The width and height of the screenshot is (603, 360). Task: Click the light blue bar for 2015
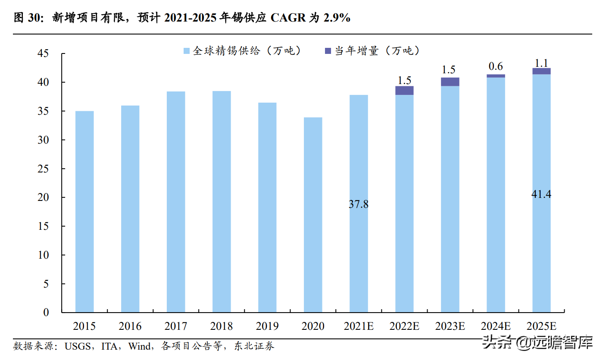[x=84, y=211]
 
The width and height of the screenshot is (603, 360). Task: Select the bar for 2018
[x=222, y=201]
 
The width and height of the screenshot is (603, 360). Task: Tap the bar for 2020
[x=313, y=215]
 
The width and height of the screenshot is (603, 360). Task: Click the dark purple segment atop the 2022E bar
[x=404, y=91]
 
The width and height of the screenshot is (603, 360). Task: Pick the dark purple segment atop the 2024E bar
[x=496, y=76]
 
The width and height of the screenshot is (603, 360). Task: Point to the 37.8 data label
[x=359, y=204]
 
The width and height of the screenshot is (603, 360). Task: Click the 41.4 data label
[x=541, y=194]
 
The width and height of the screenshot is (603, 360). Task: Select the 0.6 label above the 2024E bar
[x=496, y=67]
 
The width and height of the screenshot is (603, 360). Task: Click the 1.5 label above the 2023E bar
[x=449, y=70]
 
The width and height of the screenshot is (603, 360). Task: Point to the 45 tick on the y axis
[x=44, y=53]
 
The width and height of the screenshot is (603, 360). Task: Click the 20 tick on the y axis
[x=44, y=197]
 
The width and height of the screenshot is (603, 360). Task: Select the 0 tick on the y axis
[x=46, y=313]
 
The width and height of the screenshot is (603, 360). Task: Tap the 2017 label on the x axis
[x=176, y=326]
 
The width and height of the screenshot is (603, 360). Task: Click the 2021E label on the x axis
[x=359, y=326]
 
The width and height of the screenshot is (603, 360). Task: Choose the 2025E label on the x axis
[x=541, y=326]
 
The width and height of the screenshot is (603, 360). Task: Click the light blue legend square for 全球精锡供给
[x=187, y=51]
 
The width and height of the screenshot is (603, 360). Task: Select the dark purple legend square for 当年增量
[x=327, y=51]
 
